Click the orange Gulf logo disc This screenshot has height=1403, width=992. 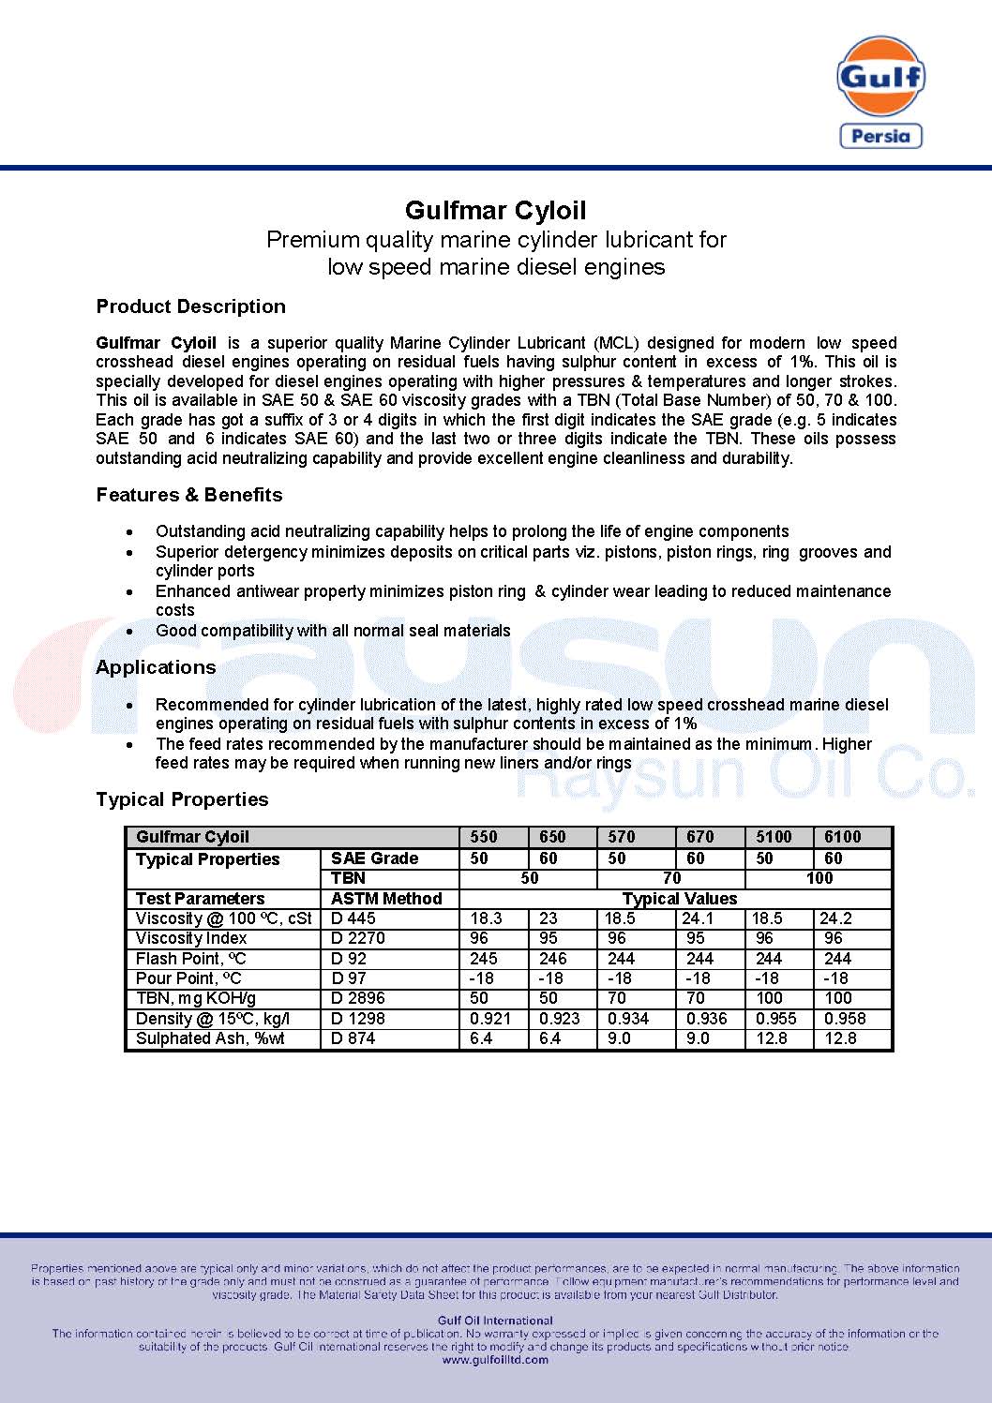pos(880,76)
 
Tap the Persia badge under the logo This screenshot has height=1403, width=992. pos(880,136)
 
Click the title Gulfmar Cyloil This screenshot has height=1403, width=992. pos(496,211)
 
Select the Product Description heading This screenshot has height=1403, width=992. pos(190,306)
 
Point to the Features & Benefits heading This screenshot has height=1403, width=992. pos(188,495)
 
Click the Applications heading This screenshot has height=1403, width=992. pos(156,667)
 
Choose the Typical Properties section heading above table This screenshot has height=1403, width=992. pos(182,799)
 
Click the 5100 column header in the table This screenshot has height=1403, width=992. pos(774,837)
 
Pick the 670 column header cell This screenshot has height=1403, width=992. pos(699,837)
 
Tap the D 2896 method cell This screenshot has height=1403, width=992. pos(358,998)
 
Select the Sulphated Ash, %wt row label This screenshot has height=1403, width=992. pos(210,1038)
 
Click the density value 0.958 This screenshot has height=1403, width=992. pos(845,1019)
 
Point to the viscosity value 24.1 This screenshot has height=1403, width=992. pos(698,918)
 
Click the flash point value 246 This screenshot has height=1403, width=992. pos(553,959)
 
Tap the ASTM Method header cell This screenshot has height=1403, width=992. pos(386,899)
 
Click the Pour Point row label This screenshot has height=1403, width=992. pos(188,978)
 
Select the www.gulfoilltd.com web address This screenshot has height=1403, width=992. pos(495,1360)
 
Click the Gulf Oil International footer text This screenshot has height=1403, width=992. pos(496,1321)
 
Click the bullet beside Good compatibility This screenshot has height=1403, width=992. pos(129,632)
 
